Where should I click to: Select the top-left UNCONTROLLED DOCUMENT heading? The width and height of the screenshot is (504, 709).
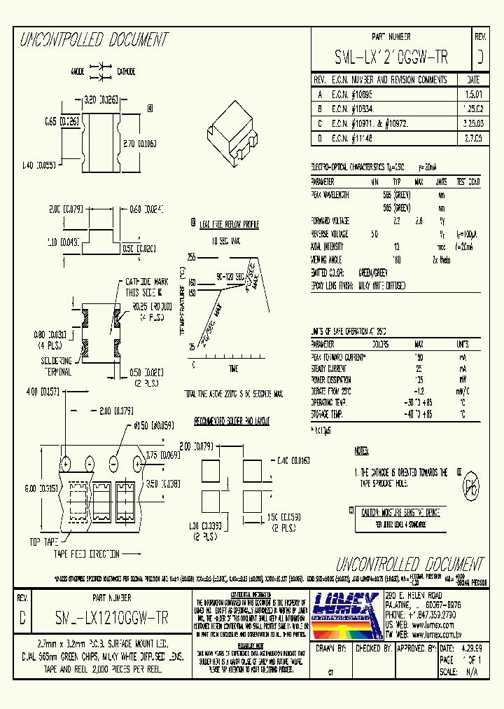94,40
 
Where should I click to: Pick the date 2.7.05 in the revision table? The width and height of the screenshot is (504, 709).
472,138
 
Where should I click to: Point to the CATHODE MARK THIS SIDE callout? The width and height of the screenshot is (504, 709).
143,287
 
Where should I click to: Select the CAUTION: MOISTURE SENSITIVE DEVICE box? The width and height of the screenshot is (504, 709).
396,512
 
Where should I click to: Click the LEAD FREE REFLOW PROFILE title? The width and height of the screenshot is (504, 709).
229,224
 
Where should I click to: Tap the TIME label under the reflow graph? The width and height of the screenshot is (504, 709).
233,369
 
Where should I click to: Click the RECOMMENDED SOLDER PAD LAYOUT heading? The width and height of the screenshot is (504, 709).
231,422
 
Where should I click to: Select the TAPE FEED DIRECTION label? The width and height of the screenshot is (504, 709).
87,553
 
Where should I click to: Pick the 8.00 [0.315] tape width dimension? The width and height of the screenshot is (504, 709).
42,489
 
